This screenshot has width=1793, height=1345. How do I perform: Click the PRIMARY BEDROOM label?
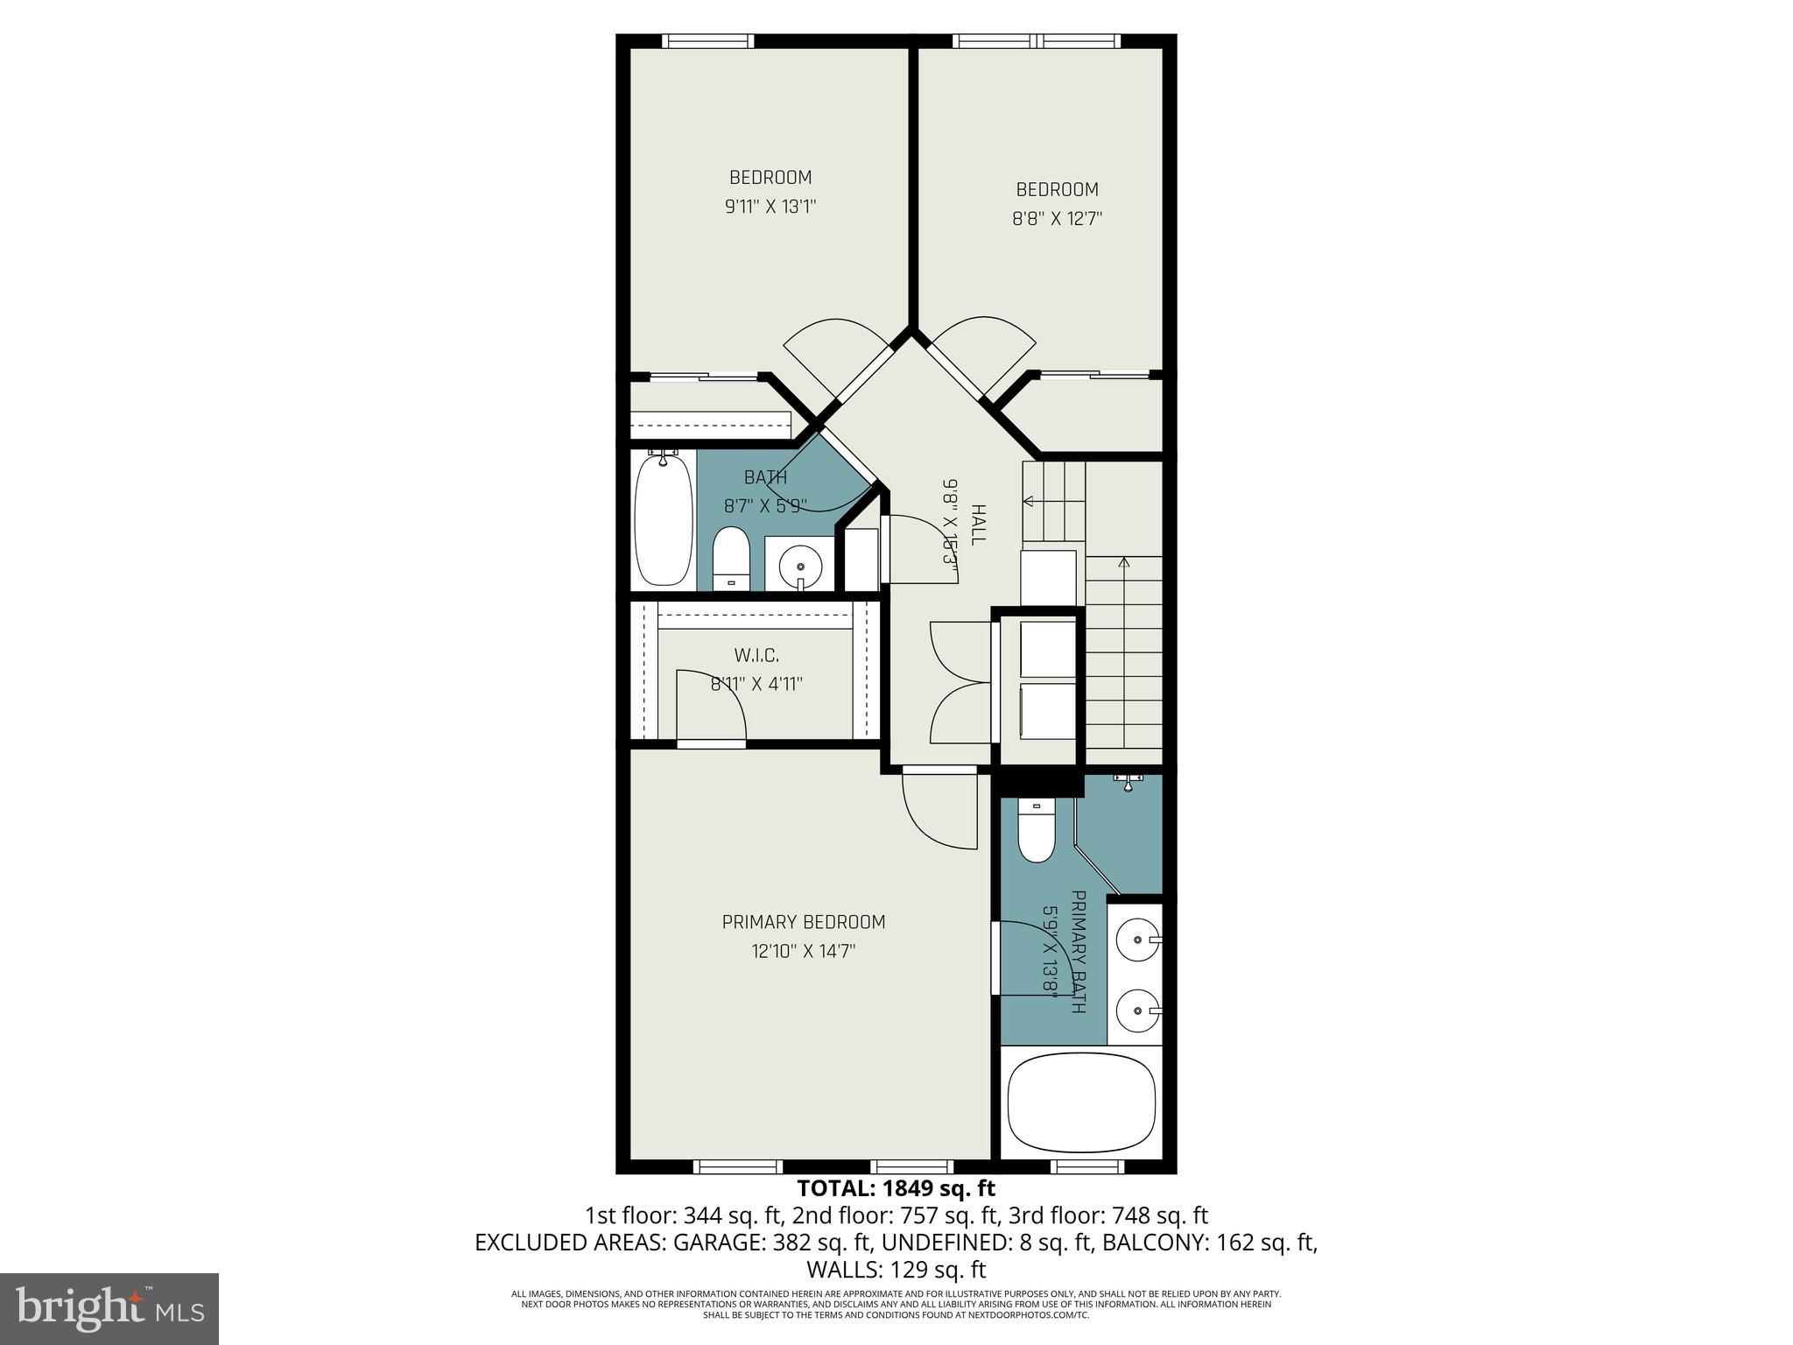pos(803,922)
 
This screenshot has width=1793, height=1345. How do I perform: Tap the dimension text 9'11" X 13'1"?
pos(770,207)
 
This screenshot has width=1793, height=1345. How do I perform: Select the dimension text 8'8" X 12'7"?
pos(1057,219)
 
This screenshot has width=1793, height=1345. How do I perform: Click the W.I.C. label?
pos(756,655)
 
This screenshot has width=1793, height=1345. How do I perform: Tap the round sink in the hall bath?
pos(800,566)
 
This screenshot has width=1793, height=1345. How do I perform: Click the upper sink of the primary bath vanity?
pos(1139,940)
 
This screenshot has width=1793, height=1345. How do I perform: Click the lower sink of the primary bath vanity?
pos(1139,1011)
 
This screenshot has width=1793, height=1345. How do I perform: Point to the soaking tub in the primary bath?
pos(1082,1104)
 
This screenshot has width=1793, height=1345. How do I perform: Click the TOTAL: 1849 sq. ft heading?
pos(896,1188)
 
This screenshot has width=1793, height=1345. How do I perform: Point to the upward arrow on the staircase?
pos(1124,562)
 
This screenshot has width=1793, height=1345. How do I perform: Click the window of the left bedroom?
pos(707,40)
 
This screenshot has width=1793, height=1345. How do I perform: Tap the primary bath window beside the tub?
pos(1086,1165)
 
